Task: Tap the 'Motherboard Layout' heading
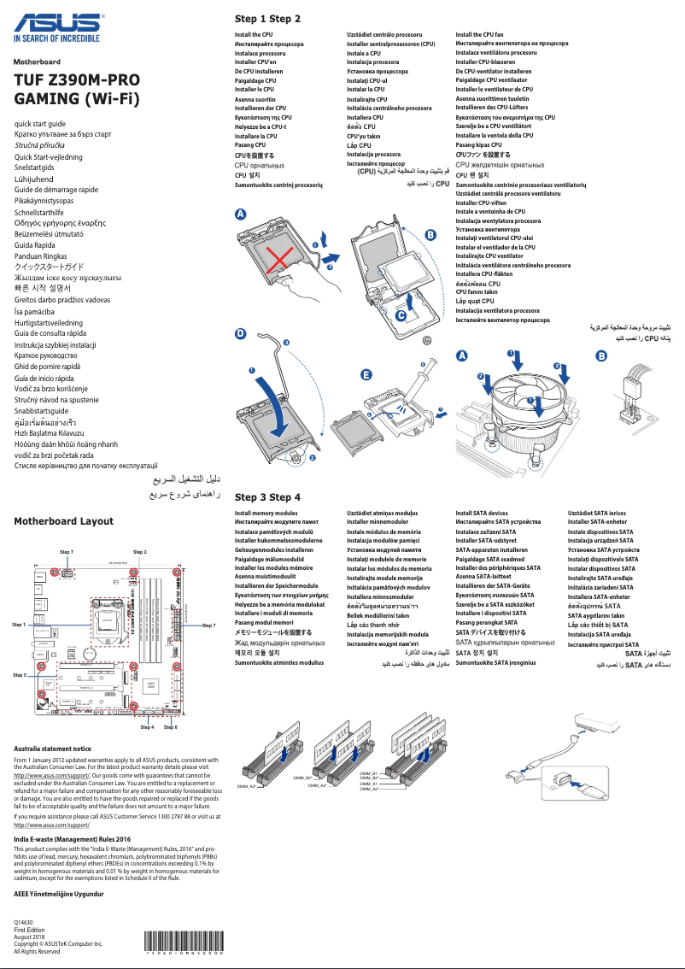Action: (64, 520)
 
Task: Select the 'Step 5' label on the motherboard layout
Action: (20, 675)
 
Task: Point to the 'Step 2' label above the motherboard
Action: (140, 553)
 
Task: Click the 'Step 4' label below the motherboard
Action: (147, 727)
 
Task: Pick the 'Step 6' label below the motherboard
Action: (171, 727)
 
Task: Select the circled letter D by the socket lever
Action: (241, 336)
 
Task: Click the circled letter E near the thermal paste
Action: (366, 375)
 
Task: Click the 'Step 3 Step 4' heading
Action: (267, 497)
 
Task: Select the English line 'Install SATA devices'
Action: (482, 513)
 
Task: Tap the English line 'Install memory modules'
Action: (266, 513)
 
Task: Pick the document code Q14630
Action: (24, 923)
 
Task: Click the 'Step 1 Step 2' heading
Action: (267, 19)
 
